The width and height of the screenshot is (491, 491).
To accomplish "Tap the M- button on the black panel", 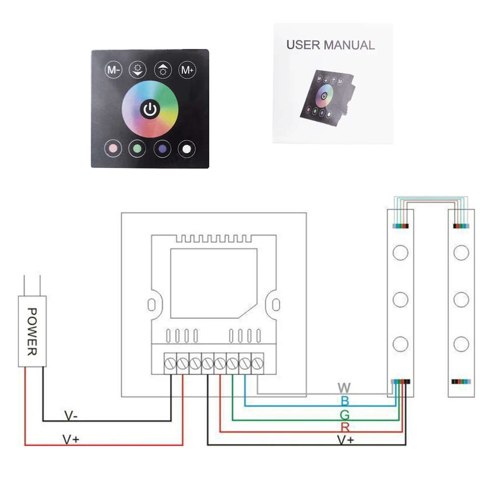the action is coord(113,70).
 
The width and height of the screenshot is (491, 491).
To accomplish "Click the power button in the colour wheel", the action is coord(150,109).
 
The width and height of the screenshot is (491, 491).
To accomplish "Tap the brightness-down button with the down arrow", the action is coord(138,70).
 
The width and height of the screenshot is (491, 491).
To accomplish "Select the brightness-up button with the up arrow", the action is coord(163,70).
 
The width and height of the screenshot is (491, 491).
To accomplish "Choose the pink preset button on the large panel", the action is coord(113,148).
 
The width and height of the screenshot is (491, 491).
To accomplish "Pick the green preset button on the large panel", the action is coord(137,148).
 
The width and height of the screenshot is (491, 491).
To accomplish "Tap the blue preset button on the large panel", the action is coord(162,148).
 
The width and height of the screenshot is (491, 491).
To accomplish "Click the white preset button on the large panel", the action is coord(187,149).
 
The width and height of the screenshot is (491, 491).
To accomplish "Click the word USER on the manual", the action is coord(303,45).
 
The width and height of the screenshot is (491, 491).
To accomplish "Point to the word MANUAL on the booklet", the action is coord(349,45).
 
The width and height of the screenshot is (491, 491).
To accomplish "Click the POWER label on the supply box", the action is coord(32,331).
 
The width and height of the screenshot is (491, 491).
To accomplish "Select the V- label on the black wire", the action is coord(71,416).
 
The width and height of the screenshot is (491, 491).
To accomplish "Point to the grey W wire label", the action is coord(344,388).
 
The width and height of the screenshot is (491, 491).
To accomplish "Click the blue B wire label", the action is coord(345,401).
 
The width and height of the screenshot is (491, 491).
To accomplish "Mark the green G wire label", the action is coord(345,415).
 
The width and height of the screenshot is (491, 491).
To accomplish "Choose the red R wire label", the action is coord(345,427).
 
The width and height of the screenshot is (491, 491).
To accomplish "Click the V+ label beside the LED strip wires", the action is coord(346,440).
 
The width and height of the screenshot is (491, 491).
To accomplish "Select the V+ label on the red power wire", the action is coord(71,439).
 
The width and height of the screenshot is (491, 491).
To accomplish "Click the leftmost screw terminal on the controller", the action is coord(170,363).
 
